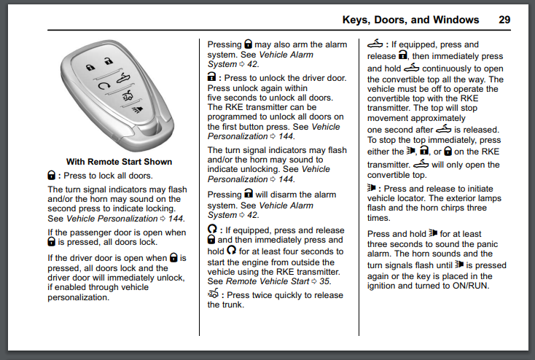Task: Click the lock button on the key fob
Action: click(90, 66)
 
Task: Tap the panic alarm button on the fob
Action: click(136, 110)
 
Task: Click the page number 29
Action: click(504, 20)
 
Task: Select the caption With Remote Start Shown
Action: click(119, 162)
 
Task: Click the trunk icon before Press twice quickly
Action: click(214, 294)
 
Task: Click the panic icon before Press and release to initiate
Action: click(372, 188)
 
